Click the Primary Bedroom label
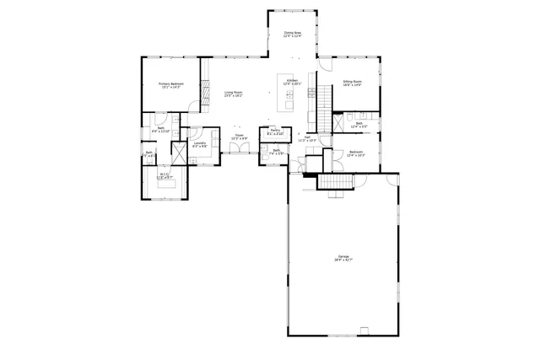click(171, 85)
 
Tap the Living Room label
click(234, 94)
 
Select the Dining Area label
click(292, 35)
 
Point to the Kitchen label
click(292, 82)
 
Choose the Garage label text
click(343, 258)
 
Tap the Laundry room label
click(200, 144)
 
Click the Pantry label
click(275, 132)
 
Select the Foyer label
click(240, 137)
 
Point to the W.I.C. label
click(165, 176)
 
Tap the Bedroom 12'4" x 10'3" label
click(355, 153)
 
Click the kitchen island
click(289, 100)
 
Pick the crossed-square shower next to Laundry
click(179, 155)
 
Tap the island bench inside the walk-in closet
click(165, 187)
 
